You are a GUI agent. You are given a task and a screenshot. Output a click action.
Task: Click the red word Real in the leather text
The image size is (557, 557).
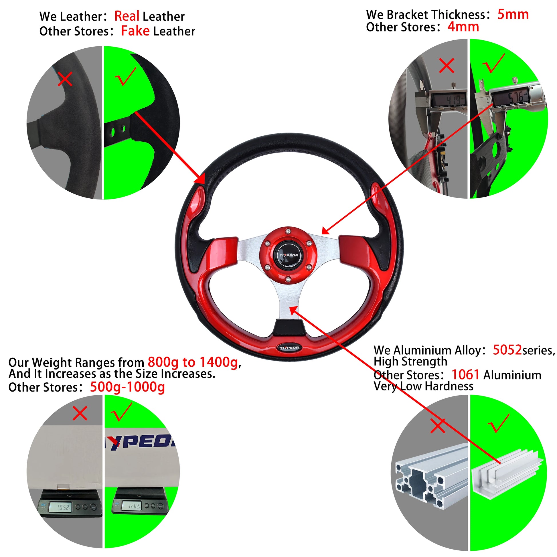click(127, 16)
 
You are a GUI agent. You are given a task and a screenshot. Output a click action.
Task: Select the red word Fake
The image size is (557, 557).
click(135, 31)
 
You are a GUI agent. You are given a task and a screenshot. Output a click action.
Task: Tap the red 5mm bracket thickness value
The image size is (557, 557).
click(513, 14)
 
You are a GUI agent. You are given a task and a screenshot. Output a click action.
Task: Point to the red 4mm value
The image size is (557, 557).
click(463, 27)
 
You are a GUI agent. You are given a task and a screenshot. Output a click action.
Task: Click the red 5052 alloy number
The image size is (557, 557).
click(507, 350)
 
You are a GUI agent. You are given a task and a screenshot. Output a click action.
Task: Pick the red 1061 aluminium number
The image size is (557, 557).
click(465, 375)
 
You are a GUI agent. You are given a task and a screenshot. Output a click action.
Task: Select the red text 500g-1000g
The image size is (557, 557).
click(127, 387)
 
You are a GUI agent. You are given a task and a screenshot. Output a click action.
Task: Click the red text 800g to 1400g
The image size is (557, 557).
click(193, 362)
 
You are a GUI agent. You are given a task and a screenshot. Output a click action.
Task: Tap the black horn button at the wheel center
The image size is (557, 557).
click(288, 255)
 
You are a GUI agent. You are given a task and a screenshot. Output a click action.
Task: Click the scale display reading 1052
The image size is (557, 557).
click(60, 507)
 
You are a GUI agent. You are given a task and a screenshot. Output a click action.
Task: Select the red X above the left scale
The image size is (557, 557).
click(80, 414)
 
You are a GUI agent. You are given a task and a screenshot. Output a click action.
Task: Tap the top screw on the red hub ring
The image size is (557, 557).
click(288, 231)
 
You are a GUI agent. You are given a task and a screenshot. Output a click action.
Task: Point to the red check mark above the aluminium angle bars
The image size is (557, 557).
click(498, 423)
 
